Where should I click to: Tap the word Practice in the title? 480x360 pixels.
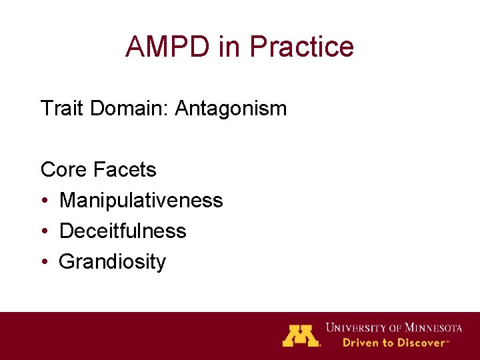tap(301, 47)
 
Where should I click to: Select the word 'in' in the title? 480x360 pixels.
tap(227, 47)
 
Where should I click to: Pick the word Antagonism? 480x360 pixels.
tap(231, 108)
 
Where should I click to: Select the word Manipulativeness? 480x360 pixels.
tap(141, 200)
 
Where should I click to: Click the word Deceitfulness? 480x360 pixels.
tap(123, 231)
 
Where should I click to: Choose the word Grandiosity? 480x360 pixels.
tap(112, 261)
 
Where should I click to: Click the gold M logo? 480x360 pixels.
tap(301, 335)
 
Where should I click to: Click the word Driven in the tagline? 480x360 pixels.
tap(360, 343)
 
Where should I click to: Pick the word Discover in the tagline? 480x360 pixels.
tap(421, 343)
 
